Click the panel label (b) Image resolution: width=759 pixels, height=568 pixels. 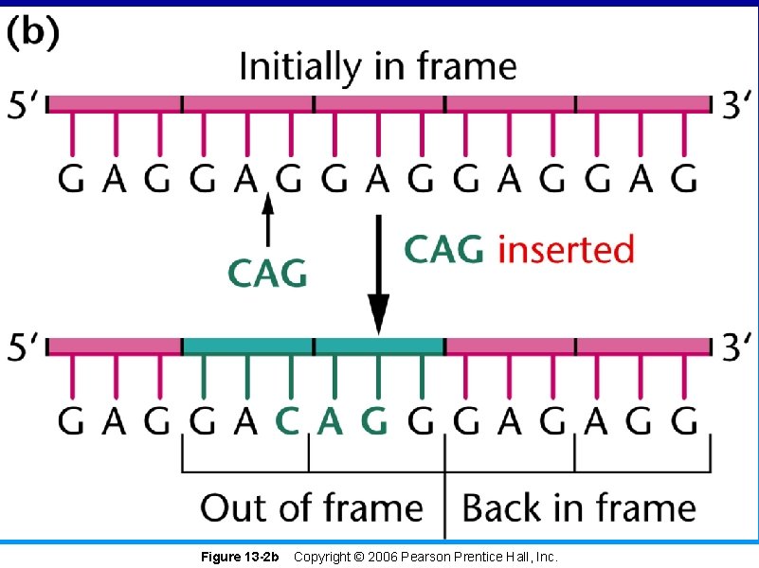34,35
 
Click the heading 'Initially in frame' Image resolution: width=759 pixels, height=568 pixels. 378,67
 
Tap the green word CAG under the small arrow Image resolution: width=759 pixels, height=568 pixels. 268,274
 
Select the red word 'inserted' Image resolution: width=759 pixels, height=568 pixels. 566,250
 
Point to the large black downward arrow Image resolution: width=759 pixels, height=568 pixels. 378,275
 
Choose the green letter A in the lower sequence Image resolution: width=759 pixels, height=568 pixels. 330,419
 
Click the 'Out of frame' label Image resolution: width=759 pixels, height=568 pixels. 312,507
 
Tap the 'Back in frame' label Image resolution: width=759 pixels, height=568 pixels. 578,507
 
